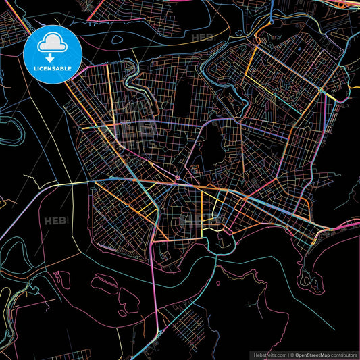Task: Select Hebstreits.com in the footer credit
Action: [x=269, y=355]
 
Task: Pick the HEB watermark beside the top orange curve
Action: [x=202, y=38]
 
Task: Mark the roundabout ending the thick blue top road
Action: [x=272, y=22]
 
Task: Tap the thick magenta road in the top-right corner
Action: [x=349, y=8]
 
